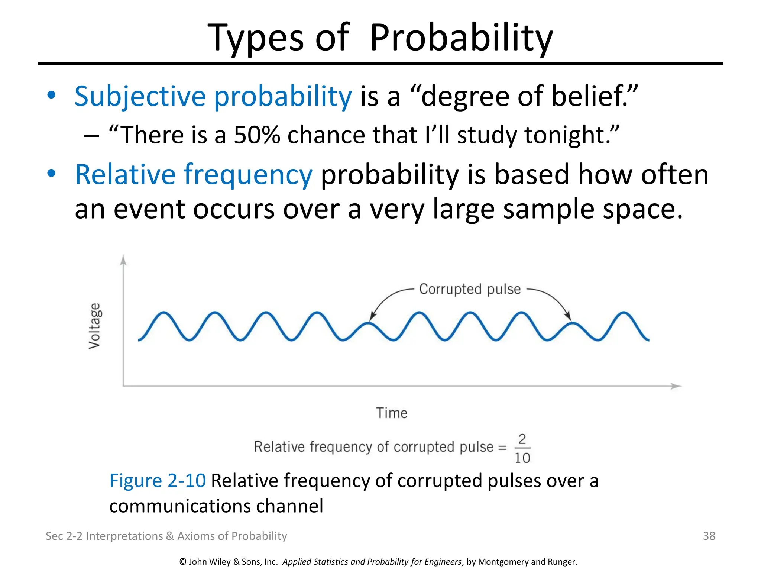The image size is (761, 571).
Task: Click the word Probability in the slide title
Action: pyautogui.click(x=461, y=38)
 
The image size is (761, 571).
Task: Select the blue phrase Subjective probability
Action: pyautogui.click(x=213, y=96)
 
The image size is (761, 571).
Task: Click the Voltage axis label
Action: pyautogui.click(x=94, y=326)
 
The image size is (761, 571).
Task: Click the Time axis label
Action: pyautogui.click(x=392, y=413)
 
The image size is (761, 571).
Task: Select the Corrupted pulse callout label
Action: pyautogui.click(x=470, y=289)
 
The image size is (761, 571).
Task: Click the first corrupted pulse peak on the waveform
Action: pyautogui.click(x=368, y=323)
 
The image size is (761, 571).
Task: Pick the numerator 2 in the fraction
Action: pyautogui.click(x=522, y=439)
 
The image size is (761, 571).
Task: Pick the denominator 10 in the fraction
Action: pyautogui.click(x=522, y=458)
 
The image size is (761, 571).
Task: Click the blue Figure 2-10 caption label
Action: pyautogui.click(x=157, y=480)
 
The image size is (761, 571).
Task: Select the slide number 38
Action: pyautogui.click(x=709, y=536)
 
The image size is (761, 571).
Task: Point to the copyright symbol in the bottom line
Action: pyautogui.click(x=183, y=562)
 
